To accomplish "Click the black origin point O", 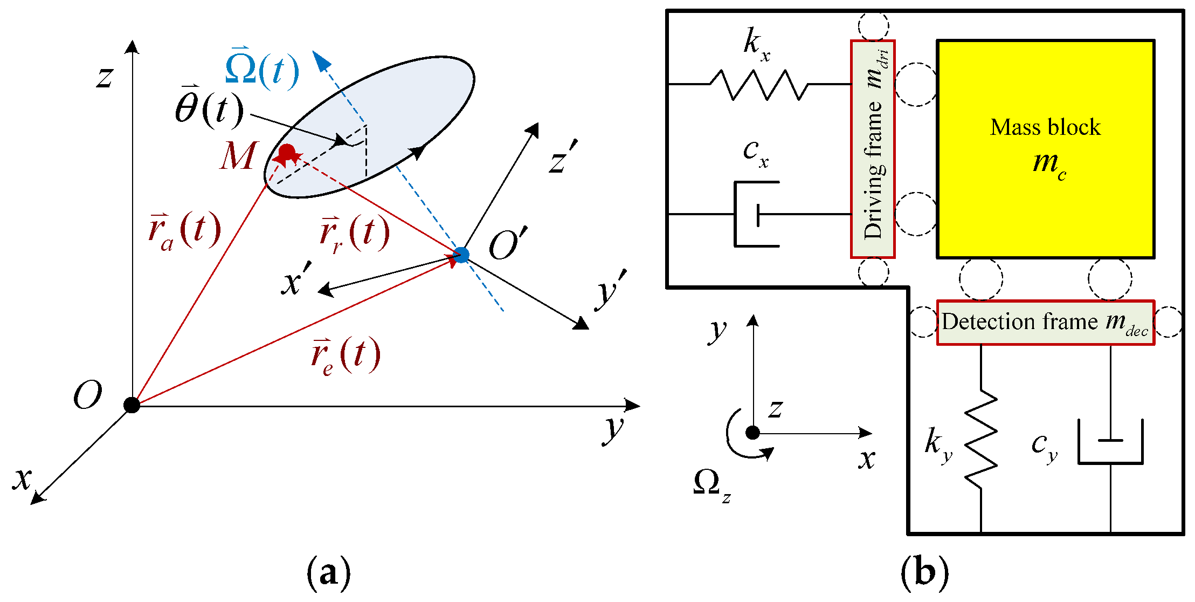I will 132,405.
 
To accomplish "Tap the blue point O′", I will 461,255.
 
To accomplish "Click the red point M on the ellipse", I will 287,152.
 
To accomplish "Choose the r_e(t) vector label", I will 346,356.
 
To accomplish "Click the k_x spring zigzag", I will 759,85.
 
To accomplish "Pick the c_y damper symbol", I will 1110,442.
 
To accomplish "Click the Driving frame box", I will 873,149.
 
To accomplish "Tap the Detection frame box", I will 1045,323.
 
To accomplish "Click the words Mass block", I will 1045,127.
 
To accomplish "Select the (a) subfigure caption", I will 328,572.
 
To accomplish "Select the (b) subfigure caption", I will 924,572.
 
